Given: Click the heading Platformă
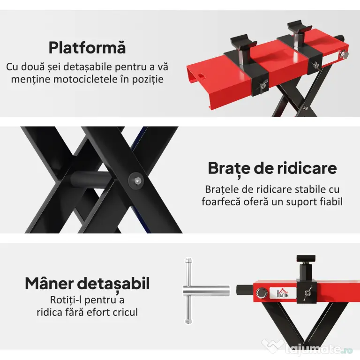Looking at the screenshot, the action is [x=87, y=47].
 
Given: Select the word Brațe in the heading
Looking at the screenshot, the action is [x=225, y=169].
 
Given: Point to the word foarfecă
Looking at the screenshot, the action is [x=221, y=202].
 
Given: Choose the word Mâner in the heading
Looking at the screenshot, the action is [x=49, y=283].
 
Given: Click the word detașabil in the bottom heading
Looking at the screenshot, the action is [x=113, y=284].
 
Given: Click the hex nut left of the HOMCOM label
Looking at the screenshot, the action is [x=262, y=293].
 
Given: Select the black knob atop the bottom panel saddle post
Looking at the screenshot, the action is [x=306, y=259].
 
